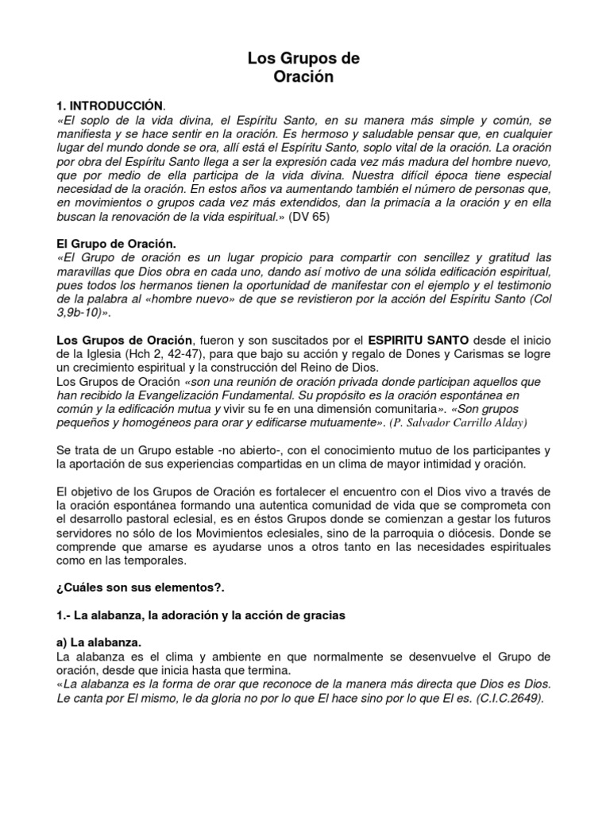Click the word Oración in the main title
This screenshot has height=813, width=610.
tap(304, 77)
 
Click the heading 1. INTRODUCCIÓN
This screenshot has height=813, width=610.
tap(110, 106)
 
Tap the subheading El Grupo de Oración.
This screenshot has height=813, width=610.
tap(114, 244)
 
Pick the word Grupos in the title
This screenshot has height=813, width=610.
tap(303, 59)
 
